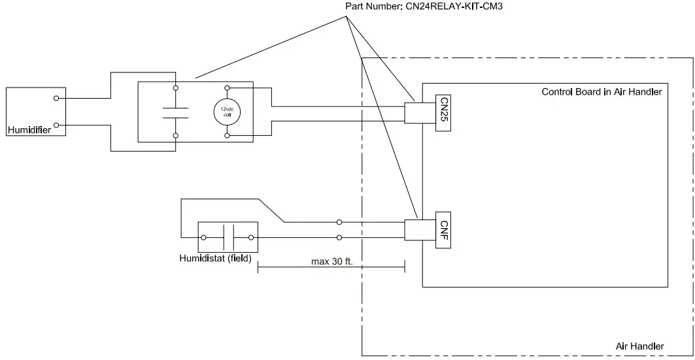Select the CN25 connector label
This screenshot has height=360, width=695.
pos(444,114)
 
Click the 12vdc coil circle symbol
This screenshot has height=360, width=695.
pos(227,112)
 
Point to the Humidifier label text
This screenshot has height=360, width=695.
pos(29,130)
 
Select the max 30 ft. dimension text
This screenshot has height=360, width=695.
pos(332,261)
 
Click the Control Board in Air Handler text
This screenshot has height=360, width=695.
pos(602,92)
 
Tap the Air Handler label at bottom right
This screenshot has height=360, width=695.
pos(639,346)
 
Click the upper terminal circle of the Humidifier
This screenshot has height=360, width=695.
pos(57,99)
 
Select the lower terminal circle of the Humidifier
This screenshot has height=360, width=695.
pos(57,125)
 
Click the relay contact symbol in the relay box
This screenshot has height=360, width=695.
pos(175,112)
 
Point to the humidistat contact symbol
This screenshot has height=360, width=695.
pos(228,238)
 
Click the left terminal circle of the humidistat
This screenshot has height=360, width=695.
pos(204,238)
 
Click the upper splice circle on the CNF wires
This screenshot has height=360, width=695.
pos(339,222)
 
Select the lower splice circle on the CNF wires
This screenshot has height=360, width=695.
pos(339,238)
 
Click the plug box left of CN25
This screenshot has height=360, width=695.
pos(415,114)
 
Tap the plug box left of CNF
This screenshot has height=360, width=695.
pos(415,230)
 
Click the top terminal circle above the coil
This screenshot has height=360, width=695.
pos(227,88)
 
